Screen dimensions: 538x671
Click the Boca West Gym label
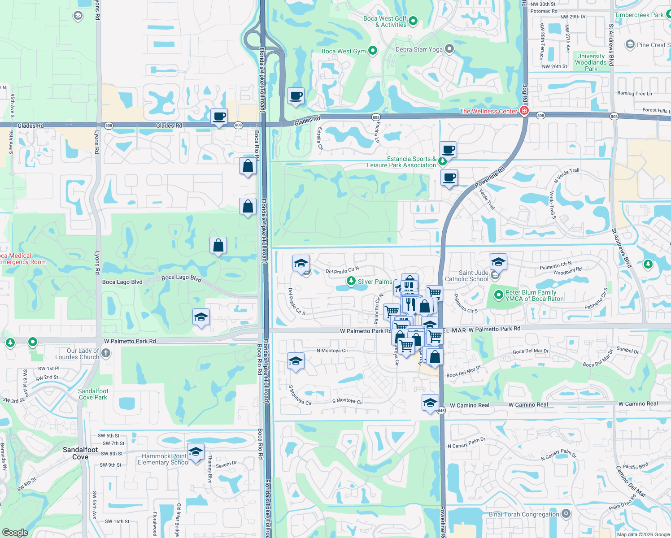344,51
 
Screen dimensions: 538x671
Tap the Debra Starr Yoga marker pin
449,49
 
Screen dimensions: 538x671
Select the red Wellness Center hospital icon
524,110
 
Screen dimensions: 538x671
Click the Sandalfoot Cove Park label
93,394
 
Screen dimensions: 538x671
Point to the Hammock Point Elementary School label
163,459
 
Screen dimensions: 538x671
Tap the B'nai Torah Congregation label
523,514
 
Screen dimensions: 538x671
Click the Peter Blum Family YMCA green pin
498,295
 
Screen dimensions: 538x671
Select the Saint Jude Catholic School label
466,276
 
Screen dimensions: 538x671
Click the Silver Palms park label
375,282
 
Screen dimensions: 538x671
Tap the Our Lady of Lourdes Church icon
105,353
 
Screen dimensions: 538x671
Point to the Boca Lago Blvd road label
122,282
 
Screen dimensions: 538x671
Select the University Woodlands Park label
591,62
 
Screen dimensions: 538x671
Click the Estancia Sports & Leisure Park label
401,162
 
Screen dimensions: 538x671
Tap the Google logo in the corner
15,533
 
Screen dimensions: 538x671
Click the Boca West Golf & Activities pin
413,21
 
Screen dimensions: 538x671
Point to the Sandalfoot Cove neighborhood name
80,453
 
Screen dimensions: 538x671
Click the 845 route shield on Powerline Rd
441,411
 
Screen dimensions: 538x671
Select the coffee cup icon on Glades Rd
219,117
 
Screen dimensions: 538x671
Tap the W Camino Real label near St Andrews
638,403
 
